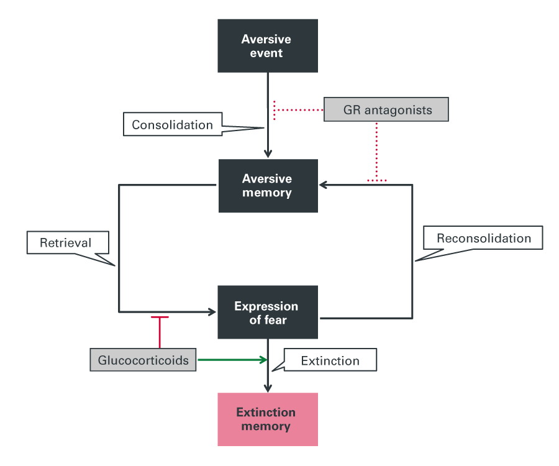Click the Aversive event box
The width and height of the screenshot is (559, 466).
268,46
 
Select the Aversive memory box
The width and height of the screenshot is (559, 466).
268,185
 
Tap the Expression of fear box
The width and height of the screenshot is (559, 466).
268,313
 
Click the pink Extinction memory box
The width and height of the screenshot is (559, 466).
268,419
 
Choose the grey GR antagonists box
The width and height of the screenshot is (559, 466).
386,110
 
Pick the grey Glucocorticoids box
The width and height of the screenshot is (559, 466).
143,360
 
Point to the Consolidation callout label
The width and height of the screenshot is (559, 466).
172,124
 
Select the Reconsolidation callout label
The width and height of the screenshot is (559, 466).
483,239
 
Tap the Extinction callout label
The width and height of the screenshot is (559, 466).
330,360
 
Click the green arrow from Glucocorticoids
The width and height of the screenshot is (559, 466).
230,360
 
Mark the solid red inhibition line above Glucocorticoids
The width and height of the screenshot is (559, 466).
160,332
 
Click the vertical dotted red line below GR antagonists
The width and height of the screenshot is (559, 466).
376,149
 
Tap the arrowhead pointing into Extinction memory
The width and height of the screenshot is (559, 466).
268,388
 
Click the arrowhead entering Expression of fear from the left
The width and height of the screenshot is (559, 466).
212,311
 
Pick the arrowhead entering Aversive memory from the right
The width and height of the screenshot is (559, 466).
324,185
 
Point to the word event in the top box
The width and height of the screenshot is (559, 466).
266,53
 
